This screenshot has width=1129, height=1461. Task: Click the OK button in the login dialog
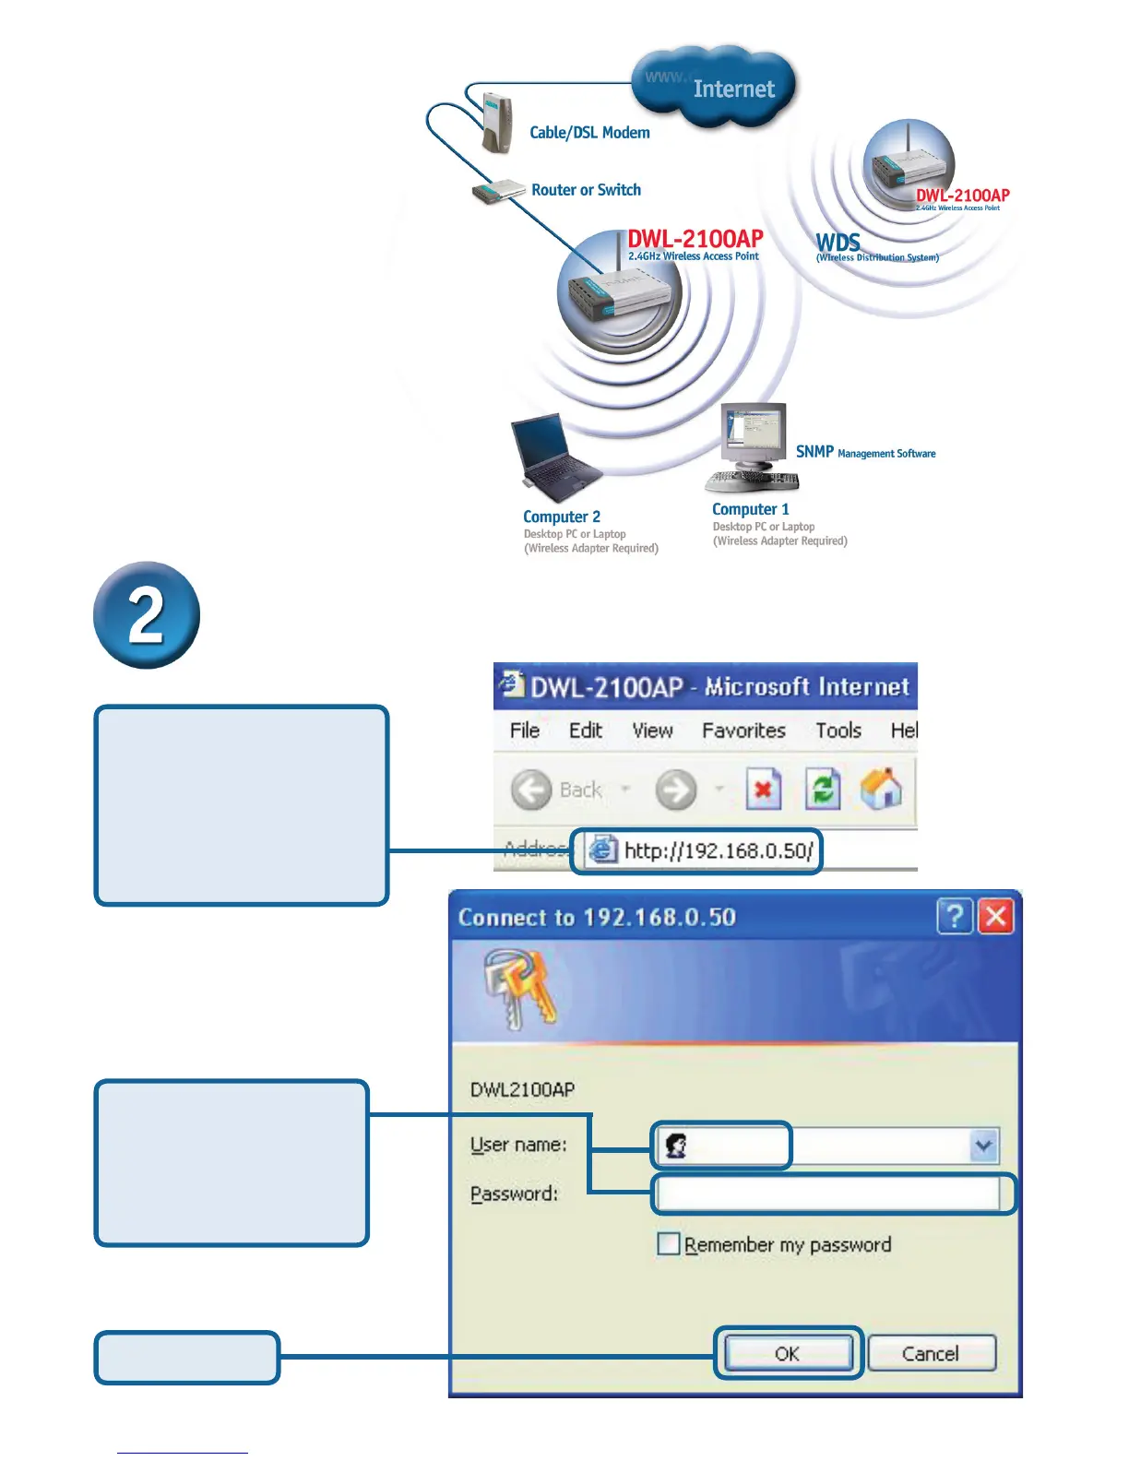tap(788, 1353)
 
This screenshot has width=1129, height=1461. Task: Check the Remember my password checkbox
tap(668, 1244)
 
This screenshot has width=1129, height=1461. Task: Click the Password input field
tap(828, 1194)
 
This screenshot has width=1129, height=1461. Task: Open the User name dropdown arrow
tap(983, 1146)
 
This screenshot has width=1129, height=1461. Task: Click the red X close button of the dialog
tap(996, 917)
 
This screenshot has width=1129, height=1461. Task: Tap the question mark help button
tap(955, 917)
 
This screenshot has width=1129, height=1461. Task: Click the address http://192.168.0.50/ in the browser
tap(718, 850)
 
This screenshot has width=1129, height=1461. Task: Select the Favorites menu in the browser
tap(743, 730)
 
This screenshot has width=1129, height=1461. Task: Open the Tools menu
tap(838, 730)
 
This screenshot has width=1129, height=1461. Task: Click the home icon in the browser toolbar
tap(881, 790)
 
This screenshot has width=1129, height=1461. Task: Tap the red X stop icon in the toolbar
tap(763, 790)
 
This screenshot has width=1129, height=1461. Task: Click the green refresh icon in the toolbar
tap(822, 790)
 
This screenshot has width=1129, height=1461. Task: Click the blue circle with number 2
tap(147, 615)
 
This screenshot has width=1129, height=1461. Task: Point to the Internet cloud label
tap(733, 89)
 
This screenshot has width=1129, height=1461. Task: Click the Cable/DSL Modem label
tap(589, 133)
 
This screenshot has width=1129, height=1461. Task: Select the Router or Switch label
tap(586, 190)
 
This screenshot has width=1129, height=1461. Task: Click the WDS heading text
tap(838, 243)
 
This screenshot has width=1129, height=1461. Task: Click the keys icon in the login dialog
tap(520, 989)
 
